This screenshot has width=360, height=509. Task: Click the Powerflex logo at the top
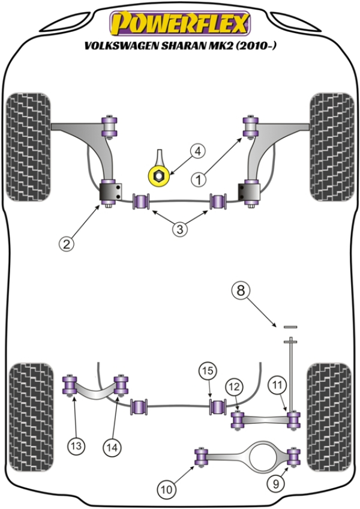click(179, 24)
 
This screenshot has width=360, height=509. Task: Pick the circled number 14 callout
click(112, 445)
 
